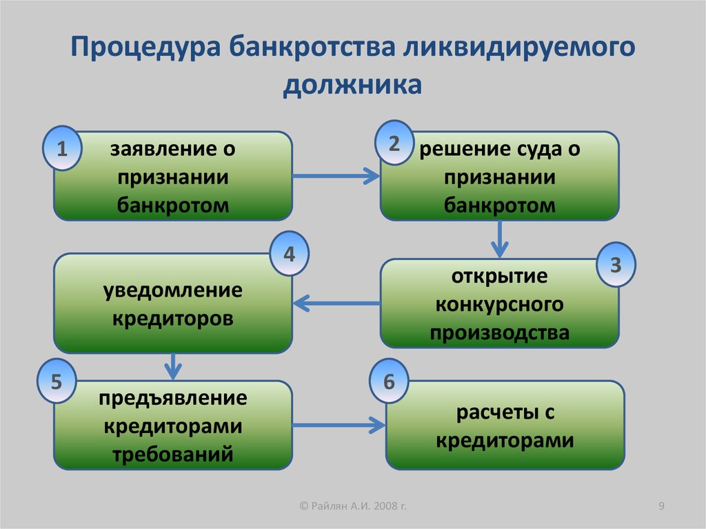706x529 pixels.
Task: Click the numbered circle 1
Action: pos(62,148)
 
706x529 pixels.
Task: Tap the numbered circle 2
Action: pos(394,143)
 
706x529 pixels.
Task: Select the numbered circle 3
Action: pos(616,264)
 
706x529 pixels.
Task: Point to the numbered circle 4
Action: pos(289,254)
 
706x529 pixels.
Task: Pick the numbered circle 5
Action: pos(57,381)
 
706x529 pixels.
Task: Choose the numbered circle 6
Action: pos(389,381)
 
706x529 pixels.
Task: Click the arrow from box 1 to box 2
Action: pos(336,176)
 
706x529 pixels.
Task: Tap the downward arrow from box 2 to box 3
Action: pos(499,239)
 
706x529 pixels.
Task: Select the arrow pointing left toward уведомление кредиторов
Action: pos(336,303)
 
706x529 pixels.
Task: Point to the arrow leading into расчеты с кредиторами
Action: pos(339,425)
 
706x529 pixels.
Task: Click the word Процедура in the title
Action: pos(145,48)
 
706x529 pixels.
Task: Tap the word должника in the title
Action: pos(352,85)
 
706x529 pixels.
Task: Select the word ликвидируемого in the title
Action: pos(518,48)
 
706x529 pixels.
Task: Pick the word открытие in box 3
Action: pos(499,276)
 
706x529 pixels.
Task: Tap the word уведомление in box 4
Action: pos(173,290)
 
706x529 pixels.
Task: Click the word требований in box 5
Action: pos(173,453)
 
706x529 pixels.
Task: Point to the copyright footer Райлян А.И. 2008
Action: pos(353,506)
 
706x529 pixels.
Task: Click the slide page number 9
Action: pos(661,506)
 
